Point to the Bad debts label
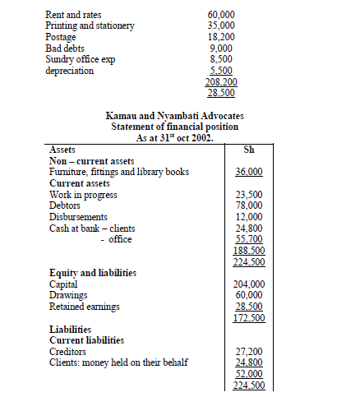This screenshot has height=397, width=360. (67, 48)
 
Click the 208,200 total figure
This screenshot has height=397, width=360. (219, 83)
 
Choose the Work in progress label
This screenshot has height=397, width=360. (83, 195)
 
